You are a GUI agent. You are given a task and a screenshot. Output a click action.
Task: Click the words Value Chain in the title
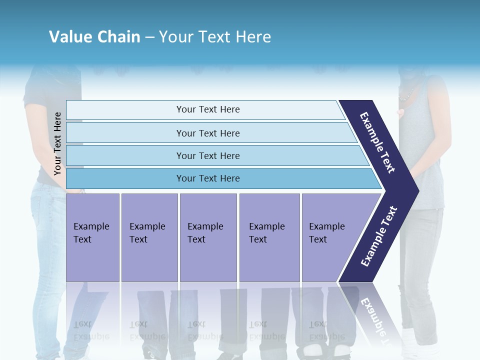pos(94,36)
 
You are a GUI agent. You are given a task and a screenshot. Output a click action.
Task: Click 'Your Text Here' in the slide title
pos(215,36)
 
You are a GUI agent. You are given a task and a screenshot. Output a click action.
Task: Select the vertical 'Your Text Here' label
pos(57,143)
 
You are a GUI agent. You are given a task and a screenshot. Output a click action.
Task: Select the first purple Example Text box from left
pos(92,237)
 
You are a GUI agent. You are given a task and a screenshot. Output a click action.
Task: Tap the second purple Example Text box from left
pos(149,237)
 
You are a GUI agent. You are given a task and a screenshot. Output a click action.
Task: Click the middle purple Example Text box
pos(208,237)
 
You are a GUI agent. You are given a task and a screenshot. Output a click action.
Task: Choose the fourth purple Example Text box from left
pos(269,237)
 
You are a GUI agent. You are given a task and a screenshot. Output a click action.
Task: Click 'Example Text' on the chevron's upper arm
pos(377,142)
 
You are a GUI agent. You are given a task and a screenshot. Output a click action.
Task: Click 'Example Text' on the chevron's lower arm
pos(379,236)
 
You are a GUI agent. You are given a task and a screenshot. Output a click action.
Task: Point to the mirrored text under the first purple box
pos(91,330)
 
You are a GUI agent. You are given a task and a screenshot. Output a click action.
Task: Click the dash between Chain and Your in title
pos(149,36)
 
